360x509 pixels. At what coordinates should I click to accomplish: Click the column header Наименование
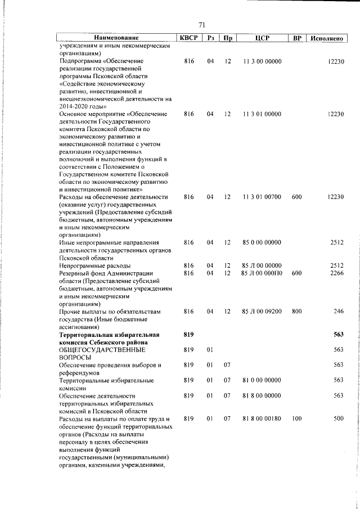point(116,38)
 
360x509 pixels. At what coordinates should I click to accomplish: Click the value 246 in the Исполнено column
point(338,311)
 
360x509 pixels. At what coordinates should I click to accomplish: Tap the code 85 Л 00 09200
point(262,311)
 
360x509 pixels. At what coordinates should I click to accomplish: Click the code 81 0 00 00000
point(262,380)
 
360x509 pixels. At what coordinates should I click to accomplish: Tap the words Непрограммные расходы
point(95,265)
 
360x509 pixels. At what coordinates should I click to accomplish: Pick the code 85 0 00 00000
point(262,242)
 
